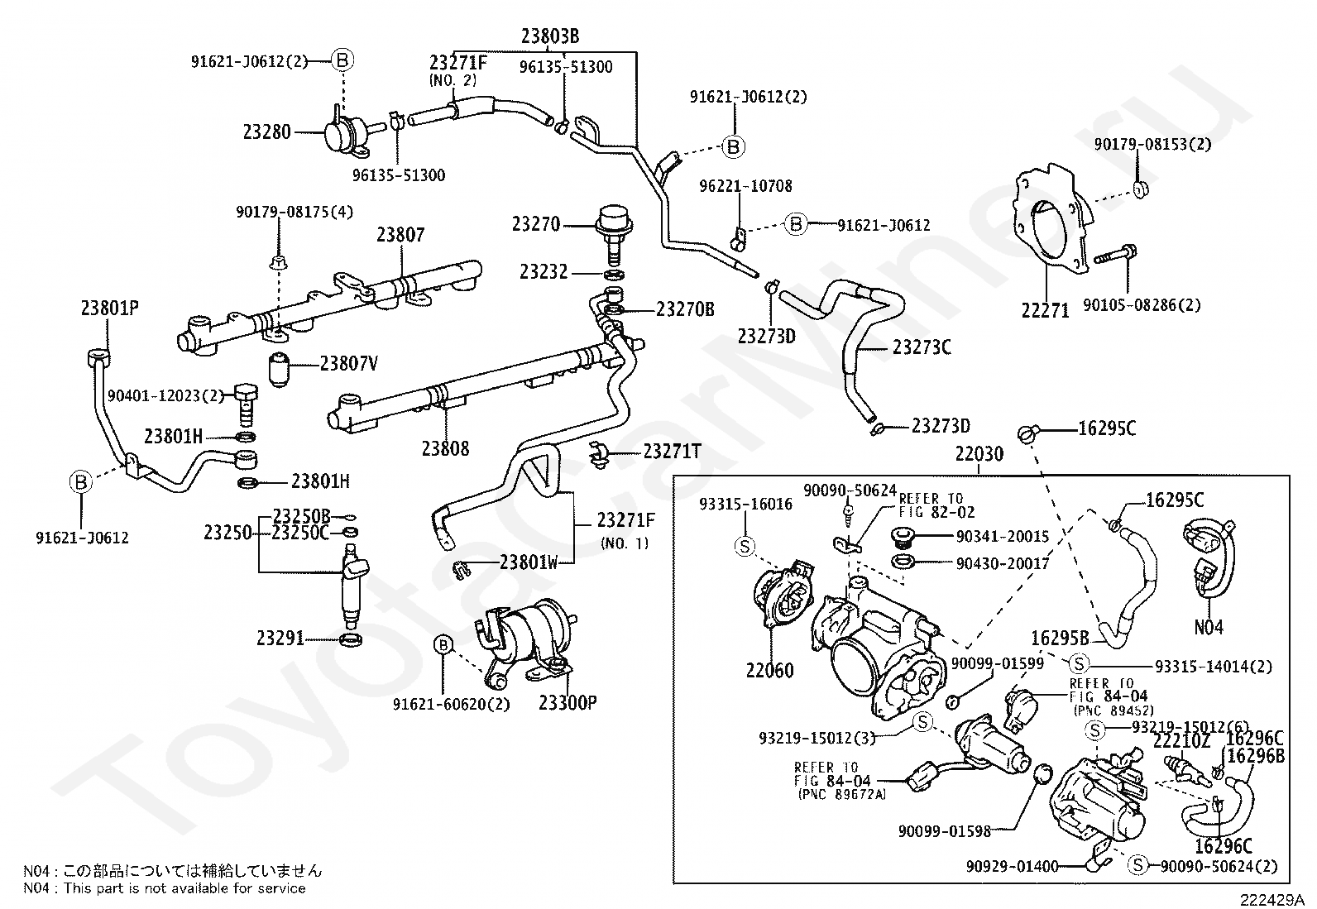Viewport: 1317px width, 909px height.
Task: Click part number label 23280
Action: pyautogui.click(x=266, y=132)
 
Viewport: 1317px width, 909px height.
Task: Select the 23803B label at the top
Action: pyautogui.click(x=549, y=36)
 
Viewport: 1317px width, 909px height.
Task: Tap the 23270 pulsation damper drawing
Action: pyautogui.click(x=613, y=226)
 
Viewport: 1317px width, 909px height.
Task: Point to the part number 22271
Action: pyautogui.click(x=1045, y=310)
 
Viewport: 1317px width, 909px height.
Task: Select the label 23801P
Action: pyautogui.click(x=109, y=309)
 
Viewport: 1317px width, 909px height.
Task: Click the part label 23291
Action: pyautogui.click(x=280, y=639)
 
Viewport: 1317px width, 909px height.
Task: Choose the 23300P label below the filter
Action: pyautogui.click(x=568, y=703)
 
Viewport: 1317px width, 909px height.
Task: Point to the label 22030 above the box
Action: pyautogui.click(x=979, y=454)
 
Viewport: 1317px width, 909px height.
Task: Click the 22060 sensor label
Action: pyautogui.click(x=769, y=670)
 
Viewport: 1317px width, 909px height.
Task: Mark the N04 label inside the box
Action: pyautogui.click(x=1209, y=628)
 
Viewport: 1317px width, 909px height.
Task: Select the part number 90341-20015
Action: pyautogui.click(x=1002, y=537)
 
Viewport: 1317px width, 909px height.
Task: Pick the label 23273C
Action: pyautogui.click(x=922, y=347)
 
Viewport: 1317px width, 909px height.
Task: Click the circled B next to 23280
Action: pyautogui.click(x=342, y=60)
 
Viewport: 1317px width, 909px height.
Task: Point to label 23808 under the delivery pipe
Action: pyautogui.click(x=445, y=448)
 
